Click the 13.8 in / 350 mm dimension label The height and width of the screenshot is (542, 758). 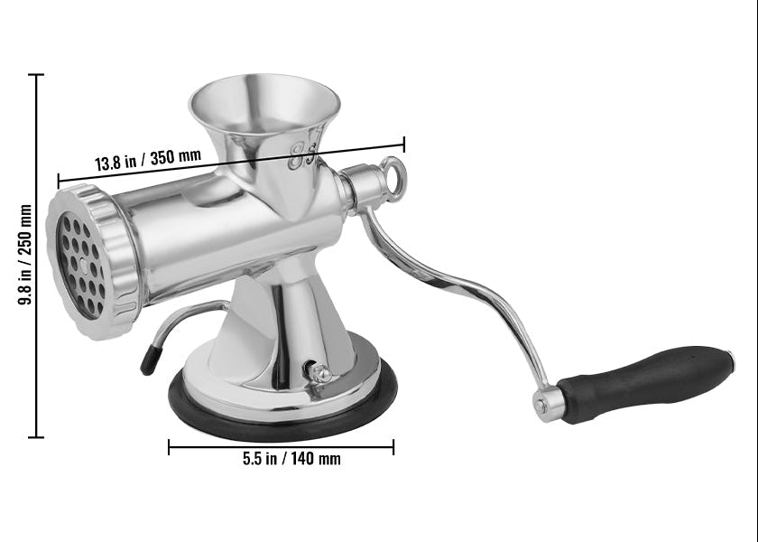point(148,160)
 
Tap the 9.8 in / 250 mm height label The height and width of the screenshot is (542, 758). point(24,255)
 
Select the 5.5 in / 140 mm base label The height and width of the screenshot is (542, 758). point(291,458)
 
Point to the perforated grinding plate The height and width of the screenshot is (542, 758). point(82,266)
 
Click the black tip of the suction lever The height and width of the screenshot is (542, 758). point(151,360)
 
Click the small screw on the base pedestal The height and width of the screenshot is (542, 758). point(319,372)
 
